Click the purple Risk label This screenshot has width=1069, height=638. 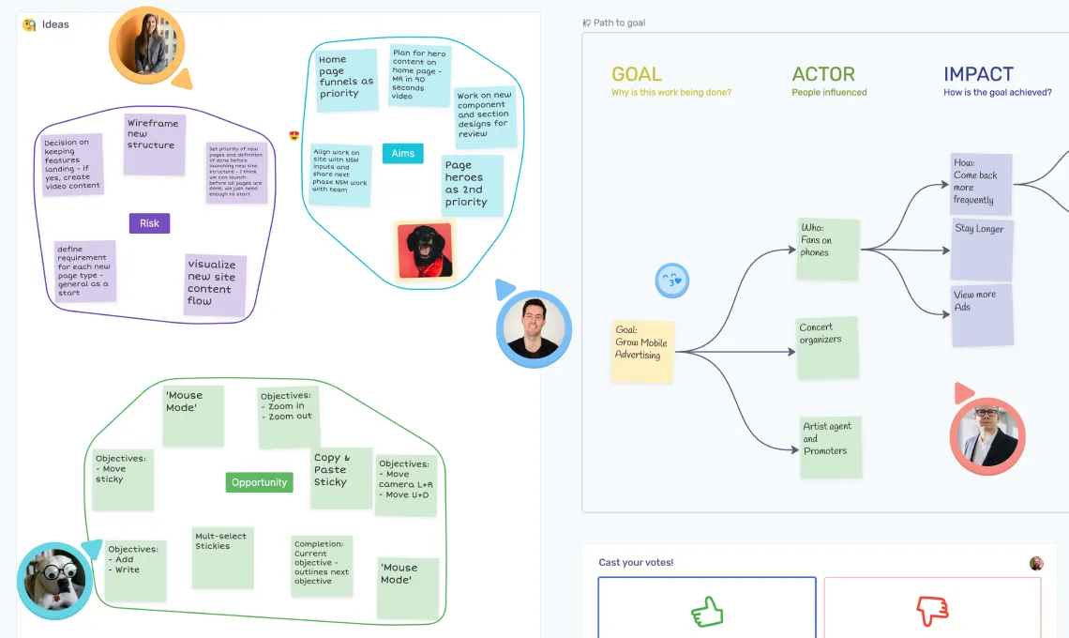point(149,223)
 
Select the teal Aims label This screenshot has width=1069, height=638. point(402,154)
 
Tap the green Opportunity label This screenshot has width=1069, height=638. point(259,482)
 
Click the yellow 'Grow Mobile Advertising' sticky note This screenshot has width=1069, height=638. point(642,349)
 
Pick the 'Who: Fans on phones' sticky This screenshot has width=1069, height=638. point(827,249)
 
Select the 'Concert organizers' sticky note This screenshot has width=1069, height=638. point(827,348)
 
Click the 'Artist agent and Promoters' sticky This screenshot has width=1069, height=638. point(830,448)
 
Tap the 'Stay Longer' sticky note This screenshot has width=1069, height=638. point(982,249)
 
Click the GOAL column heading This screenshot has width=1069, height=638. point(637,75)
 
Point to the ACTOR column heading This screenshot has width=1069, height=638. point(823,75)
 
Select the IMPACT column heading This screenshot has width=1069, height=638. point(978,75)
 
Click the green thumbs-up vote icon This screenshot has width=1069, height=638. point(708,612)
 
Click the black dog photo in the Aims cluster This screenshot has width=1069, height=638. point(425,251)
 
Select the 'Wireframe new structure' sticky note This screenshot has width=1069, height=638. point(155,144)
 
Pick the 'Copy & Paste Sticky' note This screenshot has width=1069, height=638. point(341,478)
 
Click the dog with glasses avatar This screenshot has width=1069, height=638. point(53,580)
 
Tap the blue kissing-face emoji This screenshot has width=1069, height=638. point(672,280)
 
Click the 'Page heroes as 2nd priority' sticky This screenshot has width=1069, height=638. point(473,186)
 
